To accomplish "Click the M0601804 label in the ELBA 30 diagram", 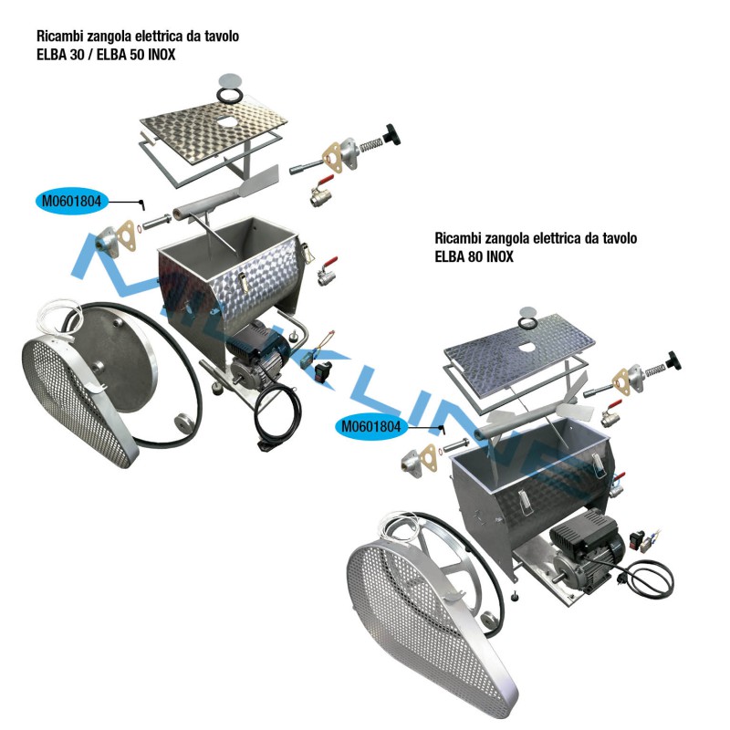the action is click(x=71, y=201).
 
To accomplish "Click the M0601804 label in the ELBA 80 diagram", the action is click(x=371, y=426).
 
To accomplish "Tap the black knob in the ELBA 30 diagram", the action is click(x=391, y=134).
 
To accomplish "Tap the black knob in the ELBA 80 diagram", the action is click(x=673, y=360).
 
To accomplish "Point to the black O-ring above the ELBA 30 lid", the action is click(x=230, y=96).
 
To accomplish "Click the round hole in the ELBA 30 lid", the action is click(x=226, y=122).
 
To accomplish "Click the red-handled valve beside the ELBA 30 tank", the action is click(x=328, y=271).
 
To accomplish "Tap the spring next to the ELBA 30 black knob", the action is click(x=371, y=145).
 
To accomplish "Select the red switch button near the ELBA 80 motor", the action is click(x=636, y=539).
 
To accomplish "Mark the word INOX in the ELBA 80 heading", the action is click(x=502, y=256).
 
